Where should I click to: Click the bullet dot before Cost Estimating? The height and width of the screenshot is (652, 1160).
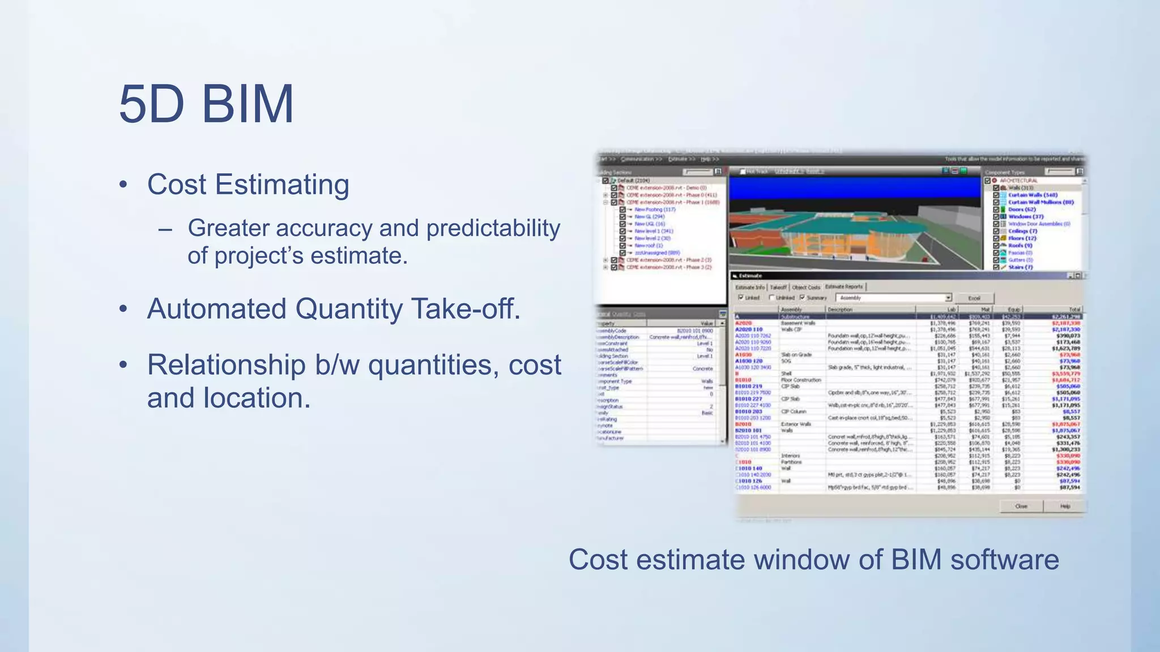pyautogui.click(x=123, y=185)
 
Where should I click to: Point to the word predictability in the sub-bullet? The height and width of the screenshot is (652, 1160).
pyautogui.click(x=493, y=228)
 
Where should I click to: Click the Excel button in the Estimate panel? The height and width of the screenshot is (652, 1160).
pyautogui.click(x=974, y=298)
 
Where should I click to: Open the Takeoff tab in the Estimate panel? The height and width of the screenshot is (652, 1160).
pyautogui.click(x=778, y=287)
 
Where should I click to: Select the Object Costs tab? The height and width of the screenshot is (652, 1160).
pyautogui.click(x=805, y=287)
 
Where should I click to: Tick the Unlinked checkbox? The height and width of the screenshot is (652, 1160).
pyautogui.click(x=771, y=297)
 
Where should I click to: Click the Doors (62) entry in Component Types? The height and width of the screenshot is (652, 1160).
pyautogui.click(x=1022, y=209)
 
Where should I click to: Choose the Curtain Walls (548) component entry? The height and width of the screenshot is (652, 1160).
pyautogui.click(x=1033, y=195)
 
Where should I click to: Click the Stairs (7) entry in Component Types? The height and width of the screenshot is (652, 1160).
pyautogui.click(x=1020, y=267)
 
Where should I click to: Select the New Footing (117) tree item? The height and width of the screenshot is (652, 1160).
pyautogui.click(x=655, y=209)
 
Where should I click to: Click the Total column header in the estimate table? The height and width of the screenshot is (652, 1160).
pyautogui.click(x=1074, y=310)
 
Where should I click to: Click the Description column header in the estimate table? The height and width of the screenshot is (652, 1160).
pyautogui.click(x=840, y=310)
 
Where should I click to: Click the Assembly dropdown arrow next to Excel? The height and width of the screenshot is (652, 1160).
pyautogui.click(x=948, y=298)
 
